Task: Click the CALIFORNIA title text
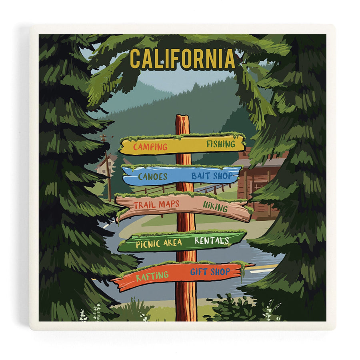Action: (x=182, y=59)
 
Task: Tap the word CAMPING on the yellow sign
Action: (x=150, y=147)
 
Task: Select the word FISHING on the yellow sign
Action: (x=220, y=144)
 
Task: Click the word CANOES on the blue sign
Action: (x=152, y=176)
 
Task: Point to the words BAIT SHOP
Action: (x=210, y=175)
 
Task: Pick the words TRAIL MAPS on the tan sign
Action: (x=156, y=205)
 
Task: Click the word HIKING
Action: (x=215, y=206)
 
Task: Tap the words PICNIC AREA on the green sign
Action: (x=159, y=243)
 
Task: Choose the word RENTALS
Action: (x=212, y=240)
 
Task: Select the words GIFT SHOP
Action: (x=210, y=272)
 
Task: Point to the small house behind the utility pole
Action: (x=101, y=165)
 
